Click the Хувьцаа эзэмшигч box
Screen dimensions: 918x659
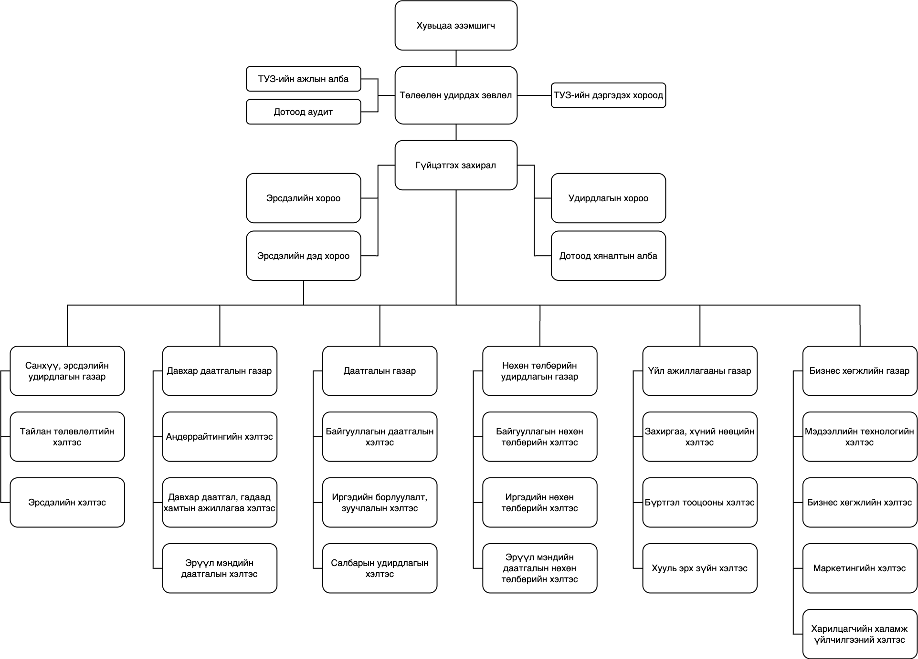pos(456,25)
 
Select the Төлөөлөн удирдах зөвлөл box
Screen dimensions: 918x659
pos(456,95)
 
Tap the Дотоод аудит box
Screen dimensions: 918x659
pos(304,112)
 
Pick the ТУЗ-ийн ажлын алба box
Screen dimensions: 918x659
pos(304,79)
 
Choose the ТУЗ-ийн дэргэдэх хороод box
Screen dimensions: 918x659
pos(608,95)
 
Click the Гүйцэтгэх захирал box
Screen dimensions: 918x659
pos(456,165)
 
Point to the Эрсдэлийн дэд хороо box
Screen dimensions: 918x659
pos(304,256)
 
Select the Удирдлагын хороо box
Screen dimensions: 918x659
pos(608,198)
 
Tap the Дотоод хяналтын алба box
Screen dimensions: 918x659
pos(608,256)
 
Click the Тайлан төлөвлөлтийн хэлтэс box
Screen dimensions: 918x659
pos(67,437)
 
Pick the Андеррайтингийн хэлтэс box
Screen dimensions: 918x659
pos(220,437)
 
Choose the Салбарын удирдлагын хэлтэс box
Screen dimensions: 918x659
pos(380,568)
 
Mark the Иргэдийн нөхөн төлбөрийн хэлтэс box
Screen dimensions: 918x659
pos(539,503)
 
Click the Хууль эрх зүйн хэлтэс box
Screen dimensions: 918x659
pos(700,568)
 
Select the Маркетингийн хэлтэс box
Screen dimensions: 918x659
pos(860,568)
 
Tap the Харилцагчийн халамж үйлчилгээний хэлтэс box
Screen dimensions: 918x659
pos(860,634)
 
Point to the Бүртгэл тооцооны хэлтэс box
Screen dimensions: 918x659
pos(700,503)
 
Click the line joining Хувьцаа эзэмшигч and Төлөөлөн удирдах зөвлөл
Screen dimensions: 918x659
pos(456,58)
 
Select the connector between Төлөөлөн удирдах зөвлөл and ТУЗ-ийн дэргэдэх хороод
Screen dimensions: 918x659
pos(534,95)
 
